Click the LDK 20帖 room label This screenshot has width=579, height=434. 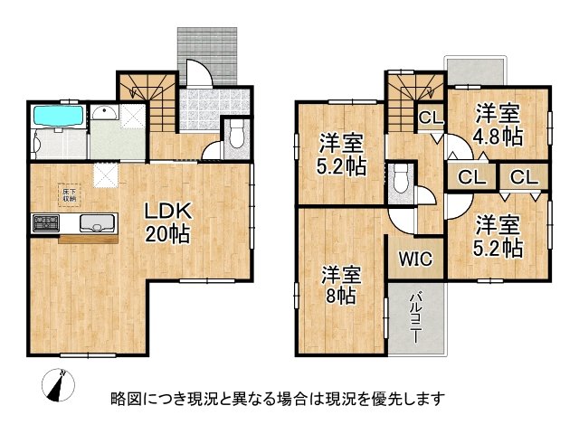point(168,222)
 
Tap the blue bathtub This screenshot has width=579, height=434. point(58,118)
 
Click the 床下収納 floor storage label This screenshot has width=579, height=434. point(69,194)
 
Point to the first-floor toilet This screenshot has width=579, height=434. point(237,136)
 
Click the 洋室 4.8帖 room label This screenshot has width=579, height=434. point(498,125)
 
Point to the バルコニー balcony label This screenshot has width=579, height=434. point(416,316)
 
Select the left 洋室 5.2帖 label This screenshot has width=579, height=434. point(341,155)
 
